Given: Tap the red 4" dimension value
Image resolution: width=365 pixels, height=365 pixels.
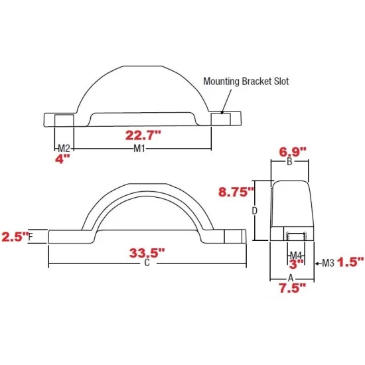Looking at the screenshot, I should pos(62,159).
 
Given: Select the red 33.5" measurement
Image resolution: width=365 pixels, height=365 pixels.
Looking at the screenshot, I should pos(145,252).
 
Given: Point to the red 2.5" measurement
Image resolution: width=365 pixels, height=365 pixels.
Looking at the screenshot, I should pos(15,236).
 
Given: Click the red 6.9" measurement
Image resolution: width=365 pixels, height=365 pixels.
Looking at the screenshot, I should pos(290,151).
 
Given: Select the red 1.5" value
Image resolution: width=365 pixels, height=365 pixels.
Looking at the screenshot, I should pos(350,263).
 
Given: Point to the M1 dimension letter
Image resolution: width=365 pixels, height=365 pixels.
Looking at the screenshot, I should pos(139,147).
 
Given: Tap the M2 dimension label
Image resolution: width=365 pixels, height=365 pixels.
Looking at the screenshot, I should pos(64,147).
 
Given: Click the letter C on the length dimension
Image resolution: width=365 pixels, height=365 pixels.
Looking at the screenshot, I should pos(145,264).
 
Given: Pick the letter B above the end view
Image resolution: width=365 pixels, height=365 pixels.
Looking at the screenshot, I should pos(289,162).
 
